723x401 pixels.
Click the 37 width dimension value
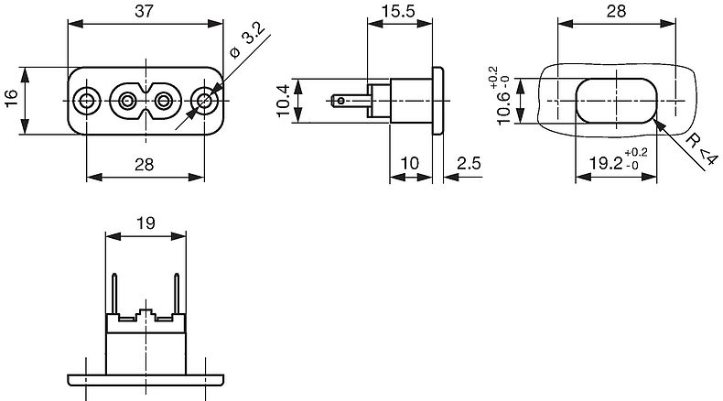[144, 11]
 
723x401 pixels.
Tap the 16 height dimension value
[11, 98]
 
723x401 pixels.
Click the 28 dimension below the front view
[144, 164]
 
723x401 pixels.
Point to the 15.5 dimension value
[398, 11]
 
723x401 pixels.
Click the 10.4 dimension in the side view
[283, 100]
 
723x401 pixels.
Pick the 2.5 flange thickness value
[469, 163]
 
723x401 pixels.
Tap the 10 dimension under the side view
[409, 163]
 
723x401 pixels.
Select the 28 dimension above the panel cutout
[616, 11]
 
